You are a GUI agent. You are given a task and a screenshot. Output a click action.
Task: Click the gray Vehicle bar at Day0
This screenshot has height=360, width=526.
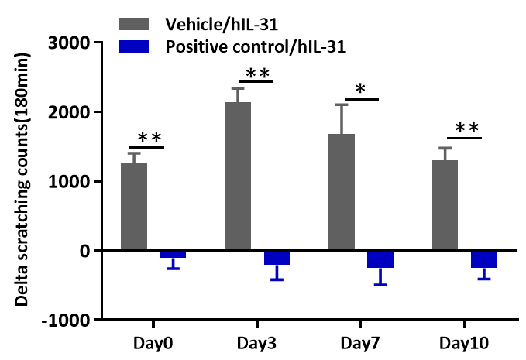(x=134, y=206)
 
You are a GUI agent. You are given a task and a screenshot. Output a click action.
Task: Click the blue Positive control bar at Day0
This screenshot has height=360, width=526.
(x=173, y=254)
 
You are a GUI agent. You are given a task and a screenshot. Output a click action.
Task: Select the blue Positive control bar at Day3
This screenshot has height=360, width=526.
(x=277, y=257)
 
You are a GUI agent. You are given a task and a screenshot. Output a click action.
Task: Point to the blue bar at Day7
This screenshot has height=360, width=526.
(x=380, y=259)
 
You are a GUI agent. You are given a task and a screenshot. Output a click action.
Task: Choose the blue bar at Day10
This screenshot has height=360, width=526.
(x=484, y=259)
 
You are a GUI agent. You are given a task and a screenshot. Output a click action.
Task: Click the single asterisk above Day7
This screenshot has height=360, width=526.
(x=360, y=89)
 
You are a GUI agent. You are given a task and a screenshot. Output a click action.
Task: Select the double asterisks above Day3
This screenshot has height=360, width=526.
(x=257, y=74)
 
